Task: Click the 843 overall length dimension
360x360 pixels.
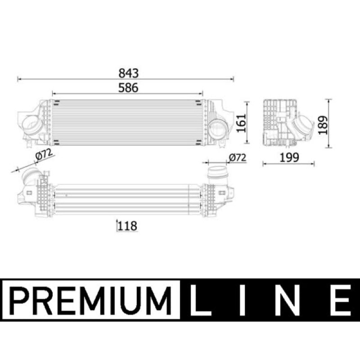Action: (x=129, y=73)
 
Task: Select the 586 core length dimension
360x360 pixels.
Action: (x=128, y=88)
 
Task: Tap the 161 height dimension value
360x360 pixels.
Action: (x=241, y=123)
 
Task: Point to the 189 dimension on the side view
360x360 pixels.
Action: (x=323, y=125)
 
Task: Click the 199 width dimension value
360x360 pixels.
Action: (x=289, y=157)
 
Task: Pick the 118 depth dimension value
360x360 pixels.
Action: (x=127, y=226)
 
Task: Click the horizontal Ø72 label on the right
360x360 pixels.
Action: (x=238, y=157)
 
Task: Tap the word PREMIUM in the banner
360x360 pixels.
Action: (x=91, y=300)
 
